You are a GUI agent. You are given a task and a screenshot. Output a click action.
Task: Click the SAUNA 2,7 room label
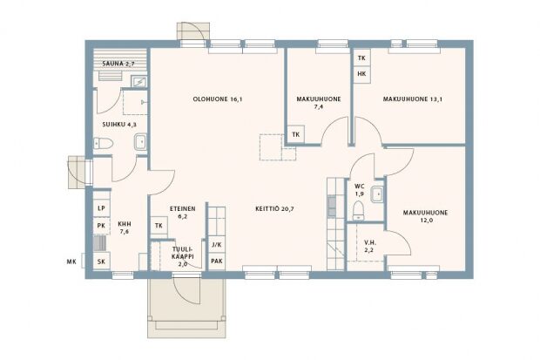pyautogui.click(x=118, y=64)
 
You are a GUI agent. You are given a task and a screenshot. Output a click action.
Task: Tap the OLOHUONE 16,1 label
pyautogui.click(x=218, y=99)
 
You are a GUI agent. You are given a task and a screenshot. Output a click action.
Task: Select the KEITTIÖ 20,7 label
pyautogui.click(x=274, y=208)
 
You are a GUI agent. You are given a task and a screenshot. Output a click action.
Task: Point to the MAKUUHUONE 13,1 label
pyautogui.click(x=413, y=99)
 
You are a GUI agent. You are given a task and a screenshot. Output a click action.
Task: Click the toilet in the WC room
pyautogui.click(x=359, y=210)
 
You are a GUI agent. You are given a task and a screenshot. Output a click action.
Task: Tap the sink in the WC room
pyautogui.click(x=377, y=195)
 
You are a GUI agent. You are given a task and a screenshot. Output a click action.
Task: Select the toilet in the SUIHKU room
pyautogui.click(x=103, y=143)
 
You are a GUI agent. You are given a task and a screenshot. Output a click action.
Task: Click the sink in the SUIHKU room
pyautogui.click(x=140, y=142)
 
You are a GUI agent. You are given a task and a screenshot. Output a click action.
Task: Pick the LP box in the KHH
pyautogui.click(x=101, y=208)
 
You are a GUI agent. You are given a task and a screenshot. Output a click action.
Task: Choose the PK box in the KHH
pyautogui.click(x=101, y=226)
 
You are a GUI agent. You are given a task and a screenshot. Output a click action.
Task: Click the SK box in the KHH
pyautogui.click(x=101, y=262)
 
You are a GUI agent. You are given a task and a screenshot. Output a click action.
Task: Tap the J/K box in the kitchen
pyautogui.click(x=217, y=245)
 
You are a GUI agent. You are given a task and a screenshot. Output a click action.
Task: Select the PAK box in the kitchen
pyautogui.click(x=217, y=262)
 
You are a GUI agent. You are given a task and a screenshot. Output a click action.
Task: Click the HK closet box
pyautogui.click(x=361, y=74)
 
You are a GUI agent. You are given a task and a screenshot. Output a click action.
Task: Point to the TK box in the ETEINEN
pyautogui.click(x=159, y=226)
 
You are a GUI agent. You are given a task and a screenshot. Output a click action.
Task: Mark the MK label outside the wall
pyautogui.click(x=71, y=262)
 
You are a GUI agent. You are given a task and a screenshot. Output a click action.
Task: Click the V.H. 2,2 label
pyautogui.click(x=369, y=247)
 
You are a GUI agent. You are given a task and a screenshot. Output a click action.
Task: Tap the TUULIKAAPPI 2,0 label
pyautogui.click(x=183, y=256)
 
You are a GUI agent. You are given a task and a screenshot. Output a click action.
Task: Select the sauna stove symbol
pyautogui.click(x=139, y=82)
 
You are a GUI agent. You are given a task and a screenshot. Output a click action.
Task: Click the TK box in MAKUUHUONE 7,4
pyautogui.click(x=296, y=134)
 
